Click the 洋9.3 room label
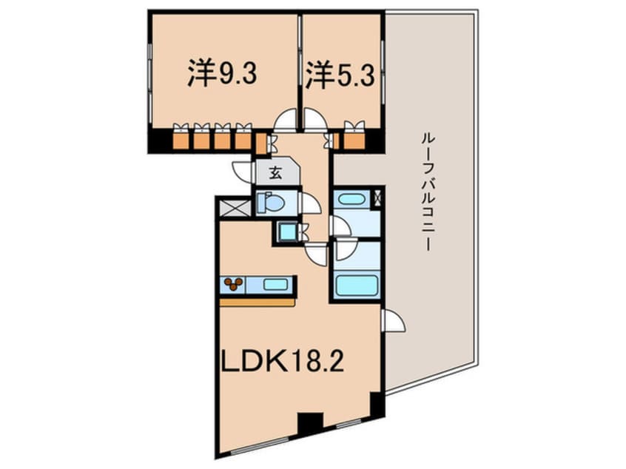click(x=222, y=74)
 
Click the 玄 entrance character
click(x=275, y=174)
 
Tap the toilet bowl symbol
click(x=272, y=201)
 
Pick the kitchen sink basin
click(x=275, y=283)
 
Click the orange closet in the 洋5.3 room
click(x=354, y=139)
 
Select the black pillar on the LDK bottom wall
click(x=310, y=425)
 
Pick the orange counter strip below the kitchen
click(x=257, y=301)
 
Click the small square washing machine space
click(x=286, y=232)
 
